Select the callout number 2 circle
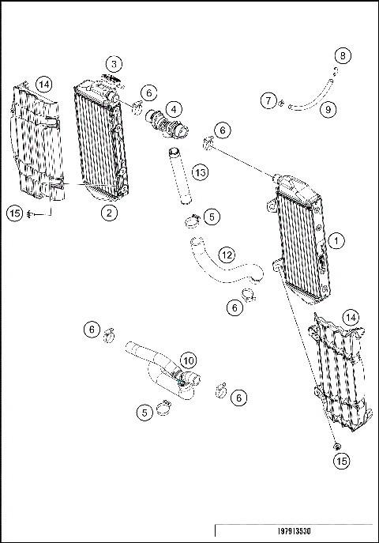click(x=109, y=212)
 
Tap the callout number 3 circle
click(x=114, y=63)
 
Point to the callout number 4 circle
click(x=172, y=107)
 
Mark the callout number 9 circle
click(x=327, y=108)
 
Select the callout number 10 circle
click(x=188, y=360)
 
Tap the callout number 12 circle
click(x=226, y=255)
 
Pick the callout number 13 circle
click(x=201, y=172)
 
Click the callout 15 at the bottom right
click(x=340, y=459)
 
